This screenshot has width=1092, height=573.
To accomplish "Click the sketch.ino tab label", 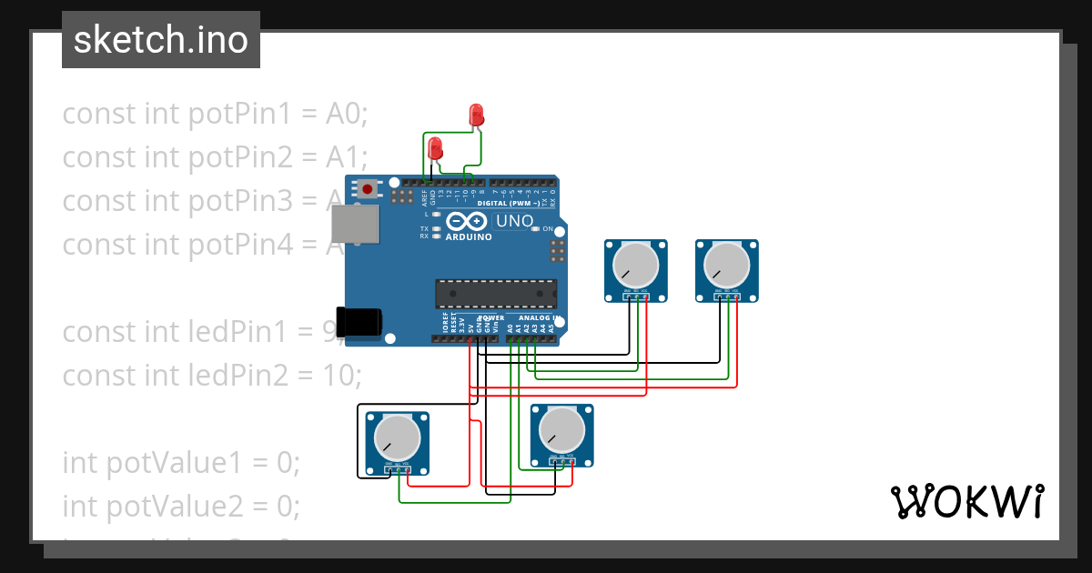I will tap(160, 40).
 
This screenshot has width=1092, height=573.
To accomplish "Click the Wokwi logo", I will tap(966, 501).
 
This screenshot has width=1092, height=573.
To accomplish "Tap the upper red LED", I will tap(475, 114).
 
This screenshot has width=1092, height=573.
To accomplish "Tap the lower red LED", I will tap(436, 147).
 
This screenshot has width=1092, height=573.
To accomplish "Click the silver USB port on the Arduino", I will tap(355, 224).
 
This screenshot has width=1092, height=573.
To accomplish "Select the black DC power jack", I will tap(359, 323).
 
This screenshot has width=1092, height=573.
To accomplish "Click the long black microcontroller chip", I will tap(496, 294).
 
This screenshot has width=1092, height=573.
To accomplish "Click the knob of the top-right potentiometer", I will tap(726, 265).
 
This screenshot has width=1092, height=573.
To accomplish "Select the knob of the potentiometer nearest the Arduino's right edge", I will tap(635, 265).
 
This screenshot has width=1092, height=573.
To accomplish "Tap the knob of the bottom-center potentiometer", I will tap(561, 429).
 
